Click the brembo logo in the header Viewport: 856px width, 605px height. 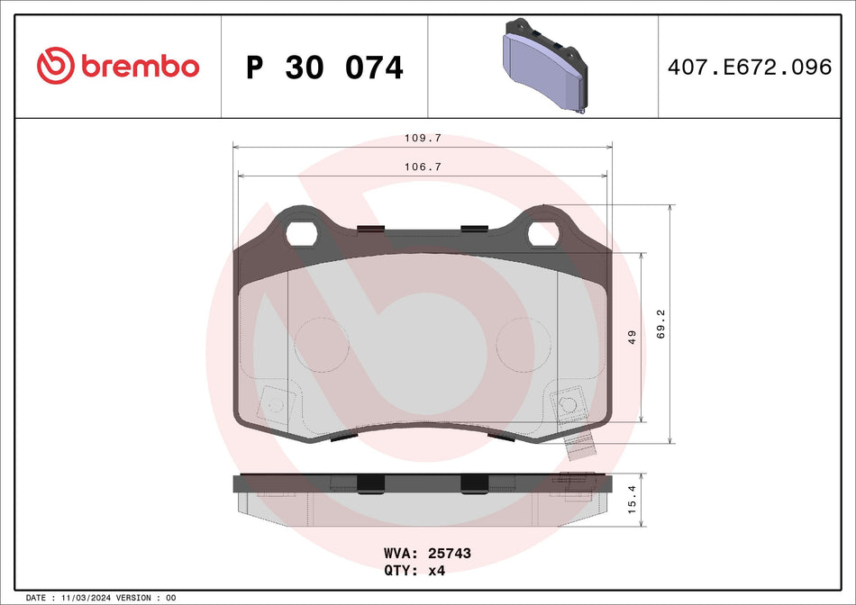[117, 66]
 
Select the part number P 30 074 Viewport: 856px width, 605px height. [324, 68]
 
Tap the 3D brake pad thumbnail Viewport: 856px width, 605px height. [542, 66]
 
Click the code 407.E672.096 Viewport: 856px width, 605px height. [749, 68]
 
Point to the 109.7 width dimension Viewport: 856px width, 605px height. [423, 139]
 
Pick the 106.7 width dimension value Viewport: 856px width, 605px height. [423, 167]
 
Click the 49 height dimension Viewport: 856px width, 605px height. [633, 338]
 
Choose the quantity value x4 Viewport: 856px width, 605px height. [437, 570]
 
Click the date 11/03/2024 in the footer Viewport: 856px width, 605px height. [91, 598]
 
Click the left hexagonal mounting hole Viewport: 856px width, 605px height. [300, 234]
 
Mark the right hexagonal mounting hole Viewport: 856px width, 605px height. [543, 234]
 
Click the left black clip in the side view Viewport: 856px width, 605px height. [370, 484]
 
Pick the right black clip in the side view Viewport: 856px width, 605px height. [473, 484]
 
